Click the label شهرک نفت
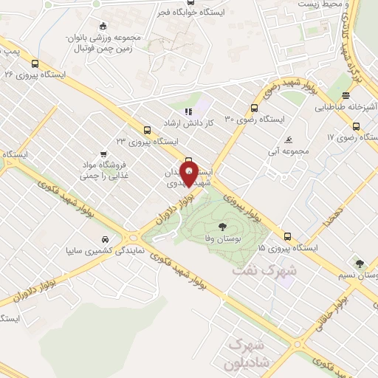pyautogui.click(x=264, y=271)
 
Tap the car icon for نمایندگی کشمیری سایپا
pyautogui.click(x=106, y=240)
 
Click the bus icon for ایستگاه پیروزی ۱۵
pyautogui.click(x=288, y=237)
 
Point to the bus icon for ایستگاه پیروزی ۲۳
pyautogui.click(x=148, y=129)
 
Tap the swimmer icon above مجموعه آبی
pyautogui.click(x=289, y=140)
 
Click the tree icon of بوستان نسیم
pyautogui.click(x=360, y=264)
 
